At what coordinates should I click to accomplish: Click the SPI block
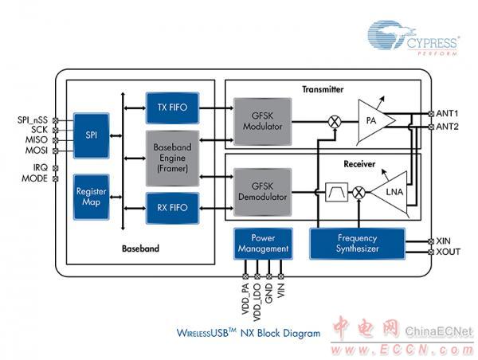click(x=91, y=135)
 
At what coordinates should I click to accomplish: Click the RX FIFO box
click(x=172, y=208)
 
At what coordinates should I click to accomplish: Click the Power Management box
click(x=263, y=244)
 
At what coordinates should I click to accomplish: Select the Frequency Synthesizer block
click(x=358, y=244)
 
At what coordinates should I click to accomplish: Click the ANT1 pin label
click(x=448, y=114)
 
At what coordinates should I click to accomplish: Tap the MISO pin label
click(x=35, y=139)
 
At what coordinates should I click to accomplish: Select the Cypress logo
click(x=413, y=39)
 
